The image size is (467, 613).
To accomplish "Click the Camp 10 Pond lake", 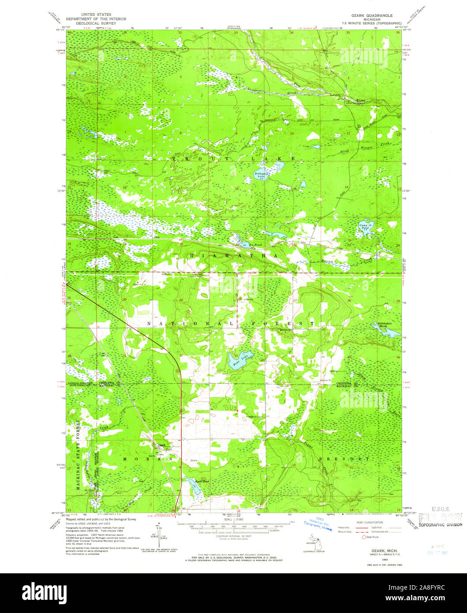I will tap(366, 228).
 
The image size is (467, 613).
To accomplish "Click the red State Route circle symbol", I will tap(364, 537).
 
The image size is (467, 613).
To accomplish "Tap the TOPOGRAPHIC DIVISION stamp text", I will tap(440, 524).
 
